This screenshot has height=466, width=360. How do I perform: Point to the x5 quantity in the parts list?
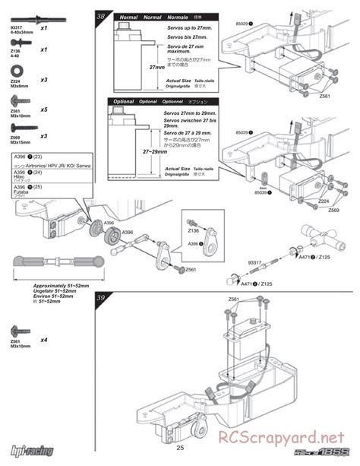click(x=44, y=109)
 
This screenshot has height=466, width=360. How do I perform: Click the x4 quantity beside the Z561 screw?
click(x=44, y=340)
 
